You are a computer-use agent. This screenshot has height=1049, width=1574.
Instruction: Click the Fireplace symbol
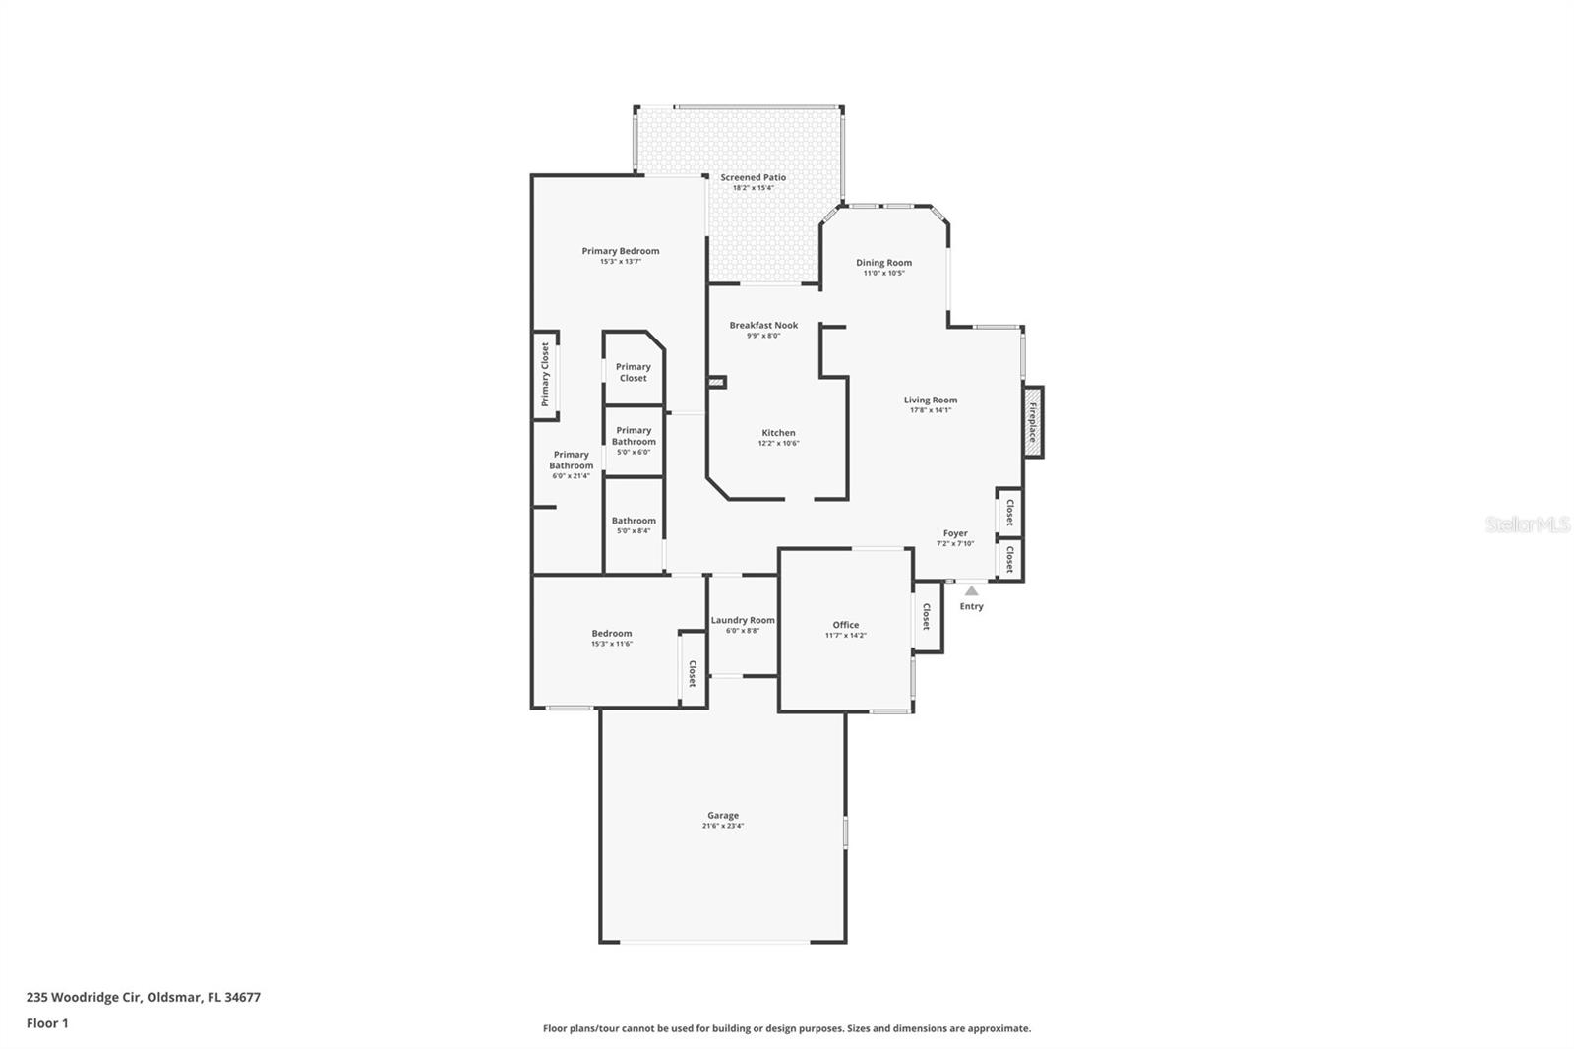click(x=1033, y=422)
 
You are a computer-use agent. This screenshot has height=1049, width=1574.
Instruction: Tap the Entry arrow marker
click(x=971, y=591)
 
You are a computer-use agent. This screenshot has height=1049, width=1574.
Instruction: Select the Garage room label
click(x=722, y=815)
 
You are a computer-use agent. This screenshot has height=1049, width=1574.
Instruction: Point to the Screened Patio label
click(x=753, y=178)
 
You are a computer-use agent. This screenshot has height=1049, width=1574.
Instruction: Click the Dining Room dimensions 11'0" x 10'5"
click(x=883, y=273)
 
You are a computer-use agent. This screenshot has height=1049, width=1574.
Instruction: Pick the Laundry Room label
click(x=743, y=620)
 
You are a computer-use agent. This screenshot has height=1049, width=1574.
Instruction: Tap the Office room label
click(x=845, y=625)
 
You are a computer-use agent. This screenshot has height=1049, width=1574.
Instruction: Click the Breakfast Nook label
click(x=763, y=325)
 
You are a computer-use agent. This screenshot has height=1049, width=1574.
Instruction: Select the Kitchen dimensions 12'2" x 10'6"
click(x=778, y=443)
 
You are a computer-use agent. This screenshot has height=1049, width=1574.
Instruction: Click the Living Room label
click(x=930, y=400)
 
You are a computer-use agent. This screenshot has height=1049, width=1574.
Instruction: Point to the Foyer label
click(x=955, y=533)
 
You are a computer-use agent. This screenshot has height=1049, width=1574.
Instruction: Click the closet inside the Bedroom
click(x=692, y=673)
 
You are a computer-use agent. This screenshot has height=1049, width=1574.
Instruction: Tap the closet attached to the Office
click(x=927, y=617)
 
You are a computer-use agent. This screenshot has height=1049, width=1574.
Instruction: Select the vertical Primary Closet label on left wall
click(x=545, y=374)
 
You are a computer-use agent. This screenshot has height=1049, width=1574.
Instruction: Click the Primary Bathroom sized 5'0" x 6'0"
click(x=634, y=440)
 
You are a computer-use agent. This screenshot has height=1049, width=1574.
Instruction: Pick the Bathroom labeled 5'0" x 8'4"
click(x=634, y=524)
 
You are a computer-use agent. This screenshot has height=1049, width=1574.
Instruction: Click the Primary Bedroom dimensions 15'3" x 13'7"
click(x=620, y=261)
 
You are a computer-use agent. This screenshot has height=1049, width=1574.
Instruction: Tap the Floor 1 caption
click(x=47, y=1023)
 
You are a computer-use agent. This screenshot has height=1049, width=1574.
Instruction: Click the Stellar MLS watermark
click(x=1527, y=524)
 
